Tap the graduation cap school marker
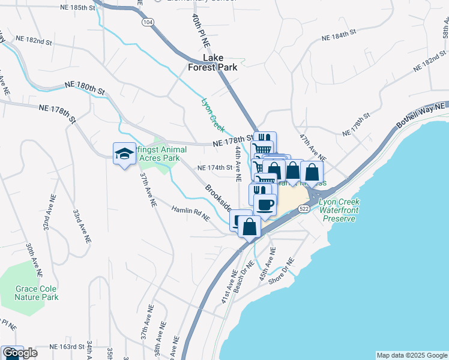point(124,154)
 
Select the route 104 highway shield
point(147,21)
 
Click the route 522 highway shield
point(303,208)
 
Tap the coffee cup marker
point(265,205)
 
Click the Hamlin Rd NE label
point(190,214)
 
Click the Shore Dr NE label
point(282,271)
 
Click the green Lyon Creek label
point(213,115)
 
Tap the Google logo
point(20,353)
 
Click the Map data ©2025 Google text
point(411,355)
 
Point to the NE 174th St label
point(214,167)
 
